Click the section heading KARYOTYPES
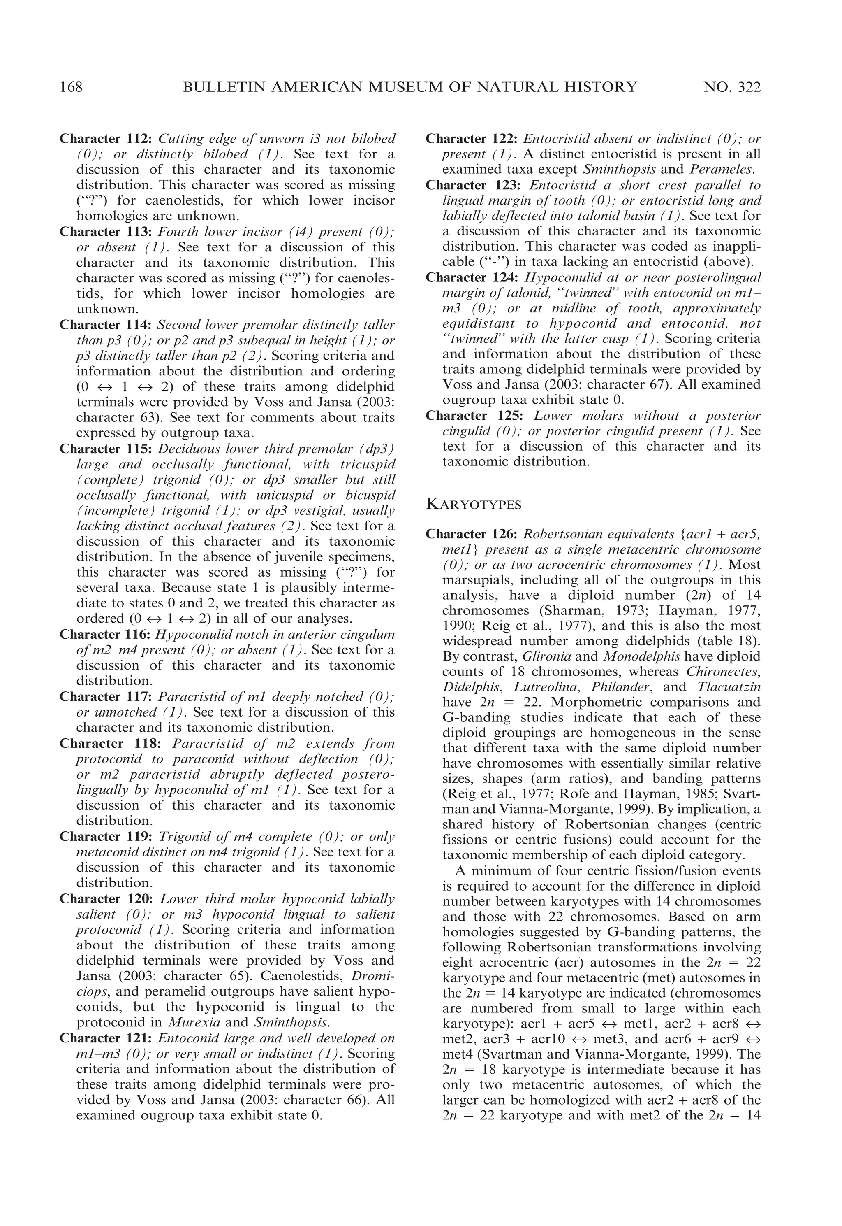coord(473,504)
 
